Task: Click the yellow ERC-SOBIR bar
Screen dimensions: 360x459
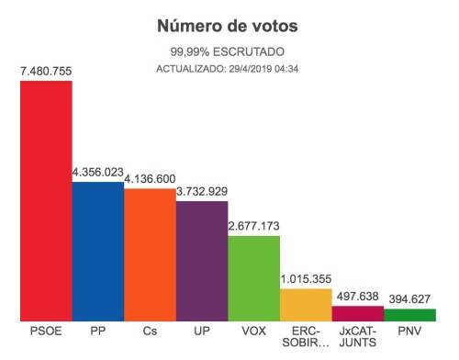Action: point(305,304)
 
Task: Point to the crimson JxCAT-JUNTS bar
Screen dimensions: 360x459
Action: point(357,313)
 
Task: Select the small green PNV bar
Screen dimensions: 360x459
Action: point(409,314)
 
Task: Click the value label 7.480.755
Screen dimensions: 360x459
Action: point(46,70)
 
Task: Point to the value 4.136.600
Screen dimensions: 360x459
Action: point(150,178)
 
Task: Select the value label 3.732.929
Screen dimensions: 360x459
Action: point(202,190)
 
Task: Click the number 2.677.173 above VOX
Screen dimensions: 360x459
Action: point(253,225)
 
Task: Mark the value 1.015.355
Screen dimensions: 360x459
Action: point(305,278)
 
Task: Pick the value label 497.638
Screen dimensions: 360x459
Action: point(357,296)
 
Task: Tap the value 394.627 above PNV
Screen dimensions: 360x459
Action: point(409,298)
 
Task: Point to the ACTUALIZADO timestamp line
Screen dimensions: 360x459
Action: point(228,69)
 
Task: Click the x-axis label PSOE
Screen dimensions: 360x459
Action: point(46,331)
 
